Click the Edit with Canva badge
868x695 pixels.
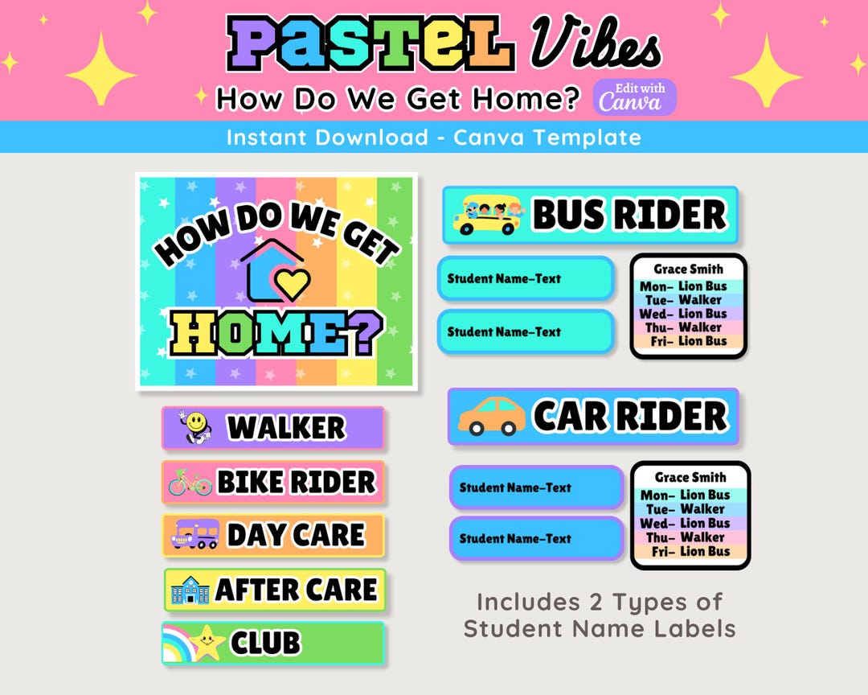coord(635,97)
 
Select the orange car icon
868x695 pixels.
coord(491,417)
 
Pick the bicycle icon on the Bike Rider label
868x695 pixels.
coord(190,482)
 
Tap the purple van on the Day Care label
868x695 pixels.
coord(195,534)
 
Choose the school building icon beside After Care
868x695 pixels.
coord(190,590)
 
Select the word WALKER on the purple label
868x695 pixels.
coord(286,428)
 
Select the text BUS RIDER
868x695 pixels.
coord(628,216)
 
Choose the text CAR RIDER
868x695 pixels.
coord(629,417)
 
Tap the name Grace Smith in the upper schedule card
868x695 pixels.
coord(688,269)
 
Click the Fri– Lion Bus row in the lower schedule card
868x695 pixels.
coord(690,551)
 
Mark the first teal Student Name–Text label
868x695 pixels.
coord(526,279)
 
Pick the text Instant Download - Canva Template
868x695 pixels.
coord(434,138)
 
